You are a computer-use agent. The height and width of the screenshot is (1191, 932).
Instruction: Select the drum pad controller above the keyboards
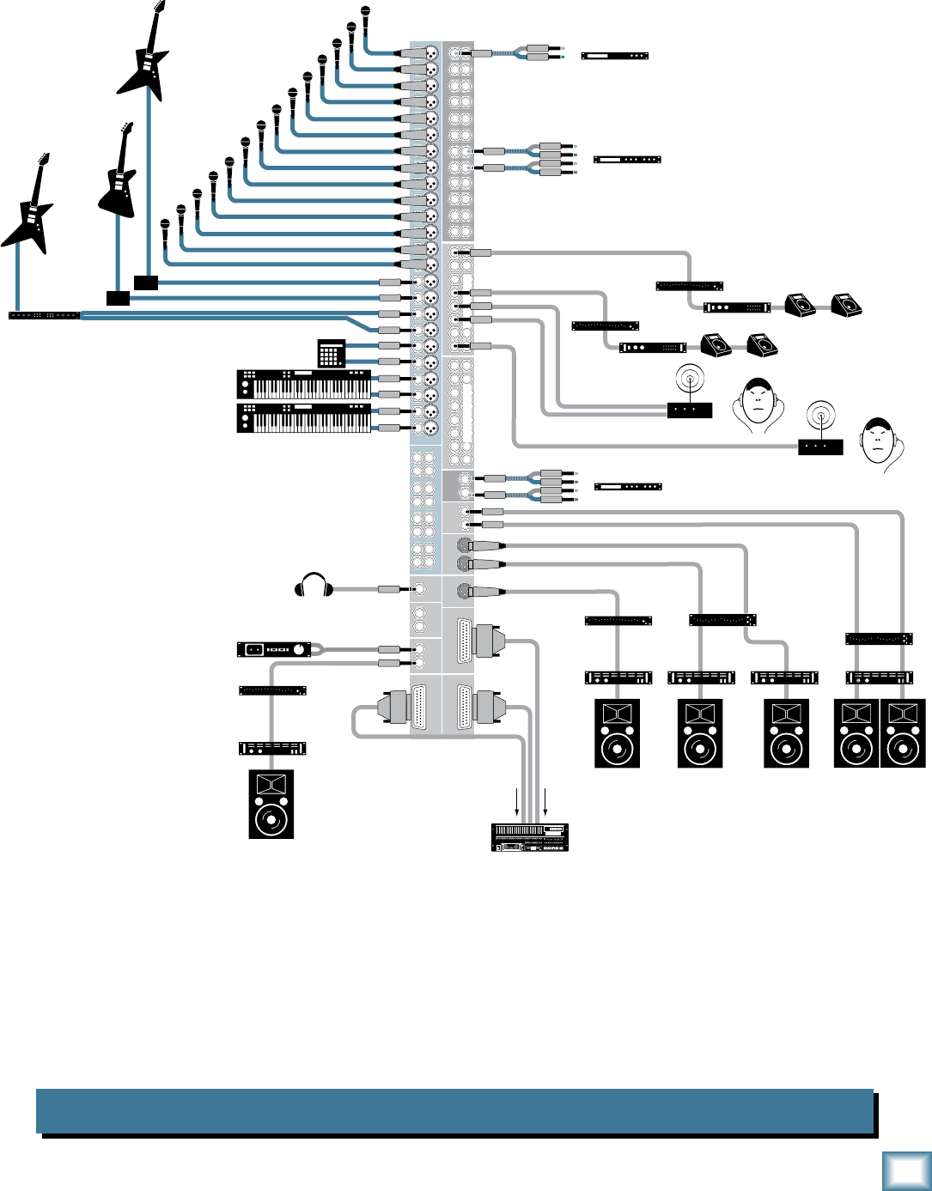(x=331, y=353)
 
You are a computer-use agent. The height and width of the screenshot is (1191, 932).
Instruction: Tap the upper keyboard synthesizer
(x=304, y=384)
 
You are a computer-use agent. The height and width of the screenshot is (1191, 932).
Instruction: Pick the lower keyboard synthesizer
(x=304, y=418)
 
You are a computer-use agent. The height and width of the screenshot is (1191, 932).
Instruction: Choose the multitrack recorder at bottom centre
(x=530, y=837)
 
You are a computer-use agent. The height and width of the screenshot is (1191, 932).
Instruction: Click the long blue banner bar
(x=455, y=1111)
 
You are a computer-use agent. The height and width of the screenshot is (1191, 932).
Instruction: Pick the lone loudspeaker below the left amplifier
(x=271, y=804)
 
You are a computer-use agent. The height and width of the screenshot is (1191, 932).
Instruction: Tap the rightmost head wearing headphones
(x=881, y=443)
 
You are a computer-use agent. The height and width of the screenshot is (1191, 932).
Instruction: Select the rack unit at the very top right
(x=614, y=56)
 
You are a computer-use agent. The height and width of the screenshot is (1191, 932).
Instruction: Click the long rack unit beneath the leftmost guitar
(x=44, y=315)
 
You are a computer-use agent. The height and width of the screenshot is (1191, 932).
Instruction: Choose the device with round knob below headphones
(x=274, y=649)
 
